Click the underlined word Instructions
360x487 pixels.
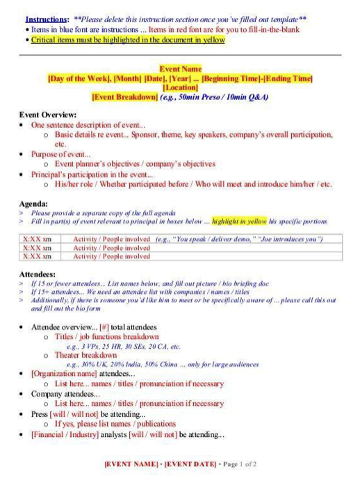click(x=47, y=19)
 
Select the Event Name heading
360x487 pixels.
click(x=180, y=69)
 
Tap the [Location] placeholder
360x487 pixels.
click(x=180, y=88)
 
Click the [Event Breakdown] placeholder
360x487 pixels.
click(x=124, y=97)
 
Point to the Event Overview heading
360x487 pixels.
click(x=48, y=115)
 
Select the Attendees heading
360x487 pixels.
click(x=38, y=274)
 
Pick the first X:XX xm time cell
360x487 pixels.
click(x=38, y=239)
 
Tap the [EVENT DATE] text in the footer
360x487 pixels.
click(x=190, y=463)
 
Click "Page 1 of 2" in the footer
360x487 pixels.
click(x=239, y=463)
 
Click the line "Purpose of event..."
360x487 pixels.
click(x=60, y=154)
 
